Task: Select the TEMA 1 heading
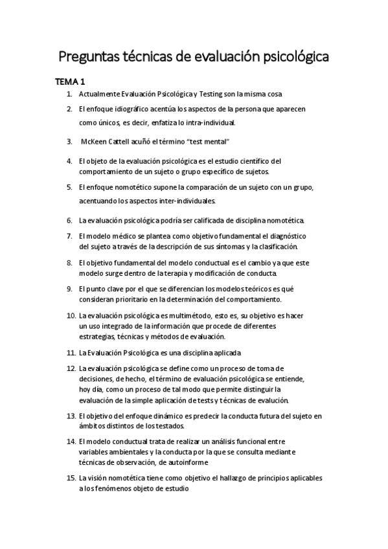pyautogui.click(x=69, y=82)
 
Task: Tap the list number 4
pyautogui.click(x=69, y=161)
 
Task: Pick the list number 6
pyautogui.click(x=69, y=220)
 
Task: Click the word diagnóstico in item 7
pyautogui.click(x=286, y=236)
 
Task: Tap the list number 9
pyautogui.click(x=69, y=289)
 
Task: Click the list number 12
pyautogui.click(x=71, y=368)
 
